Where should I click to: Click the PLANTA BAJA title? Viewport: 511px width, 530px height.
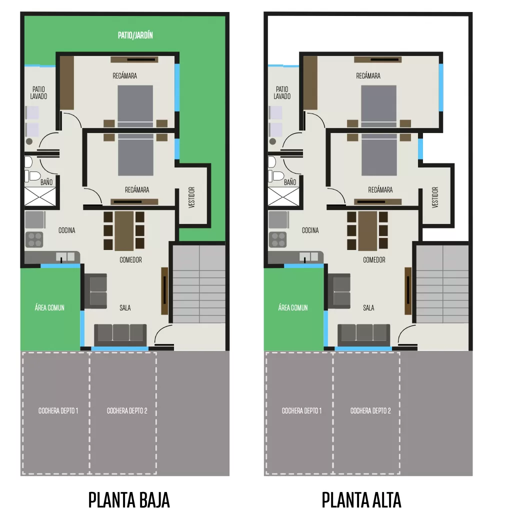pos(129,500)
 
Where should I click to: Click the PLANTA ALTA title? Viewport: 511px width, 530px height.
pos(361,500)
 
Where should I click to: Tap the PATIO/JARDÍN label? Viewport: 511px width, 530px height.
pos(135,35)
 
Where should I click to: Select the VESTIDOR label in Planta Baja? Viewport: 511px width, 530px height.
pos(191,197)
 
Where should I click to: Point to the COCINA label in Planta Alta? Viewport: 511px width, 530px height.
pos(310,230)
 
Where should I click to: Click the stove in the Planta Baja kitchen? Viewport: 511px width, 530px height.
pos(34,239)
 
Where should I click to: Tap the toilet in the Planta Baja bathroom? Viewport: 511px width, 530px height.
pos(33,176)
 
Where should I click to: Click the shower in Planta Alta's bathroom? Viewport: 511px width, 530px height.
pos(283,196)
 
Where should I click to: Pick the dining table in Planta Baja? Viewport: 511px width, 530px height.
pos(124,231)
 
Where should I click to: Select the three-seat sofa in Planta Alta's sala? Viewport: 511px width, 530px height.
pos(363,335)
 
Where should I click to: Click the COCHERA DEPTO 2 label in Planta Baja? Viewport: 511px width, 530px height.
pos(127,410)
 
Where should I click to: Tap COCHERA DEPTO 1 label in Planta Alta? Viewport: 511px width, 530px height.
pos(302,410)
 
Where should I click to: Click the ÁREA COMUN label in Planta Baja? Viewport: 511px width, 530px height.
pos(49,307)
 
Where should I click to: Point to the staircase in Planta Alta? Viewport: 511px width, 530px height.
pos(442,284)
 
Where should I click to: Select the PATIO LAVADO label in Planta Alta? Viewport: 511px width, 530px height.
pos(282,92)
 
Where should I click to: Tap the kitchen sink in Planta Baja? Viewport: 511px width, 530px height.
pos(66,257)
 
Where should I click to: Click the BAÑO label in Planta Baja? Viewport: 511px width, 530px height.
pos(46,182)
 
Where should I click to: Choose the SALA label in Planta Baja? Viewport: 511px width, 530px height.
pos(125,307)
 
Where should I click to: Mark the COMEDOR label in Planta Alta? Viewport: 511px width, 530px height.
pos(374,259)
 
